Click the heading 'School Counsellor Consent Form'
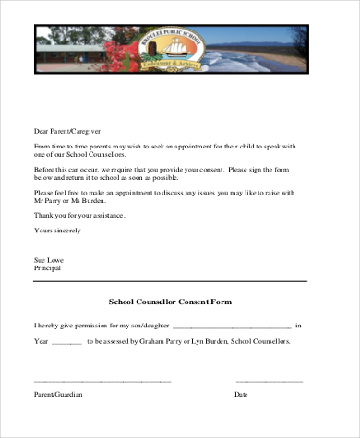170,302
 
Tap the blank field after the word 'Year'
65,341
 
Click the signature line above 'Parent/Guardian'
102,379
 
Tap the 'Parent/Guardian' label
58,394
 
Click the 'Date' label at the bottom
241,394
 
